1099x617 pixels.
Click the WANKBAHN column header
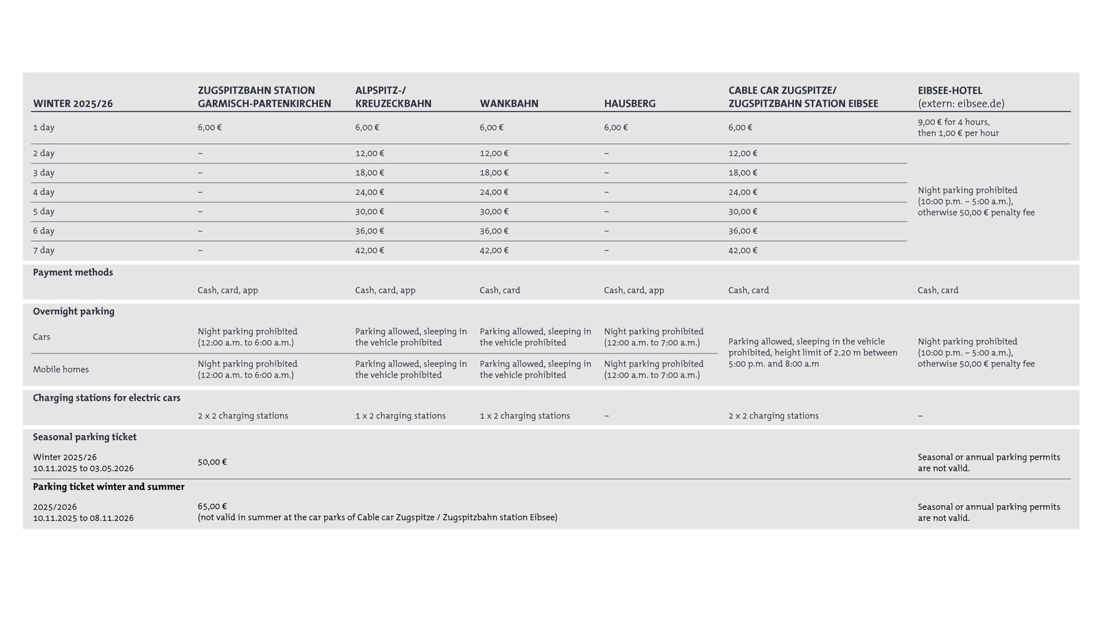(x=508, y=104)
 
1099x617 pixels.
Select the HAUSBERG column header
(x=629, y=104)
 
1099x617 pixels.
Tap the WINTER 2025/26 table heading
(x=73, y=104)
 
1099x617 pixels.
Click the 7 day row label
(x=43, y=251)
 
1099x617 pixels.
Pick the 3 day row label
(x=43, y=173)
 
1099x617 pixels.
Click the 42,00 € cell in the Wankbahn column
(x=494, y=251)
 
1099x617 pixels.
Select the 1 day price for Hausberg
(x=615, y=128)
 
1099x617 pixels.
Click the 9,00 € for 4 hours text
(x=953, y=122)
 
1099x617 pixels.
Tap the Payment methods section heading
(x=73, y=272)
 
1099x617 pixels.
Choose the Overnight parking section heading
(x=73, y=312)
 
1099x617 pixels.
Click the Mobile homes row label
(x=60, y=369)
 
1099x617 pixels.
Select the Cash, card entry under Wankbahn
(x=499, y=290)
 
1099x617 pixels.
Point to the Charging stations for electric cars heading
(x=106, y=398)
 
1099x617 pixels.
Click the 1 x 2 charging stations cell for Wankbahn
(x=525, y=416)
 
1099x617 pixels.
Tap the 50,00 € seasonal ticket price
(x=212, y=462)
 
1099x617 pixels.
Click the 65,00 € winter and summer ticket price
(x=212, y=507)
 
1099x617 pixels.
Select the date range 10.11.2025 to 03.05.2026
(x=83, y=468)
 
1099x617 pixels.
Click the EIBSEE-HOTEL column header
(x=950, y=91)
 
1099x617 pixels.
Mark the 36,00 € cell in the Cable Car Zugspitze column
(x=743, y=231)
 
